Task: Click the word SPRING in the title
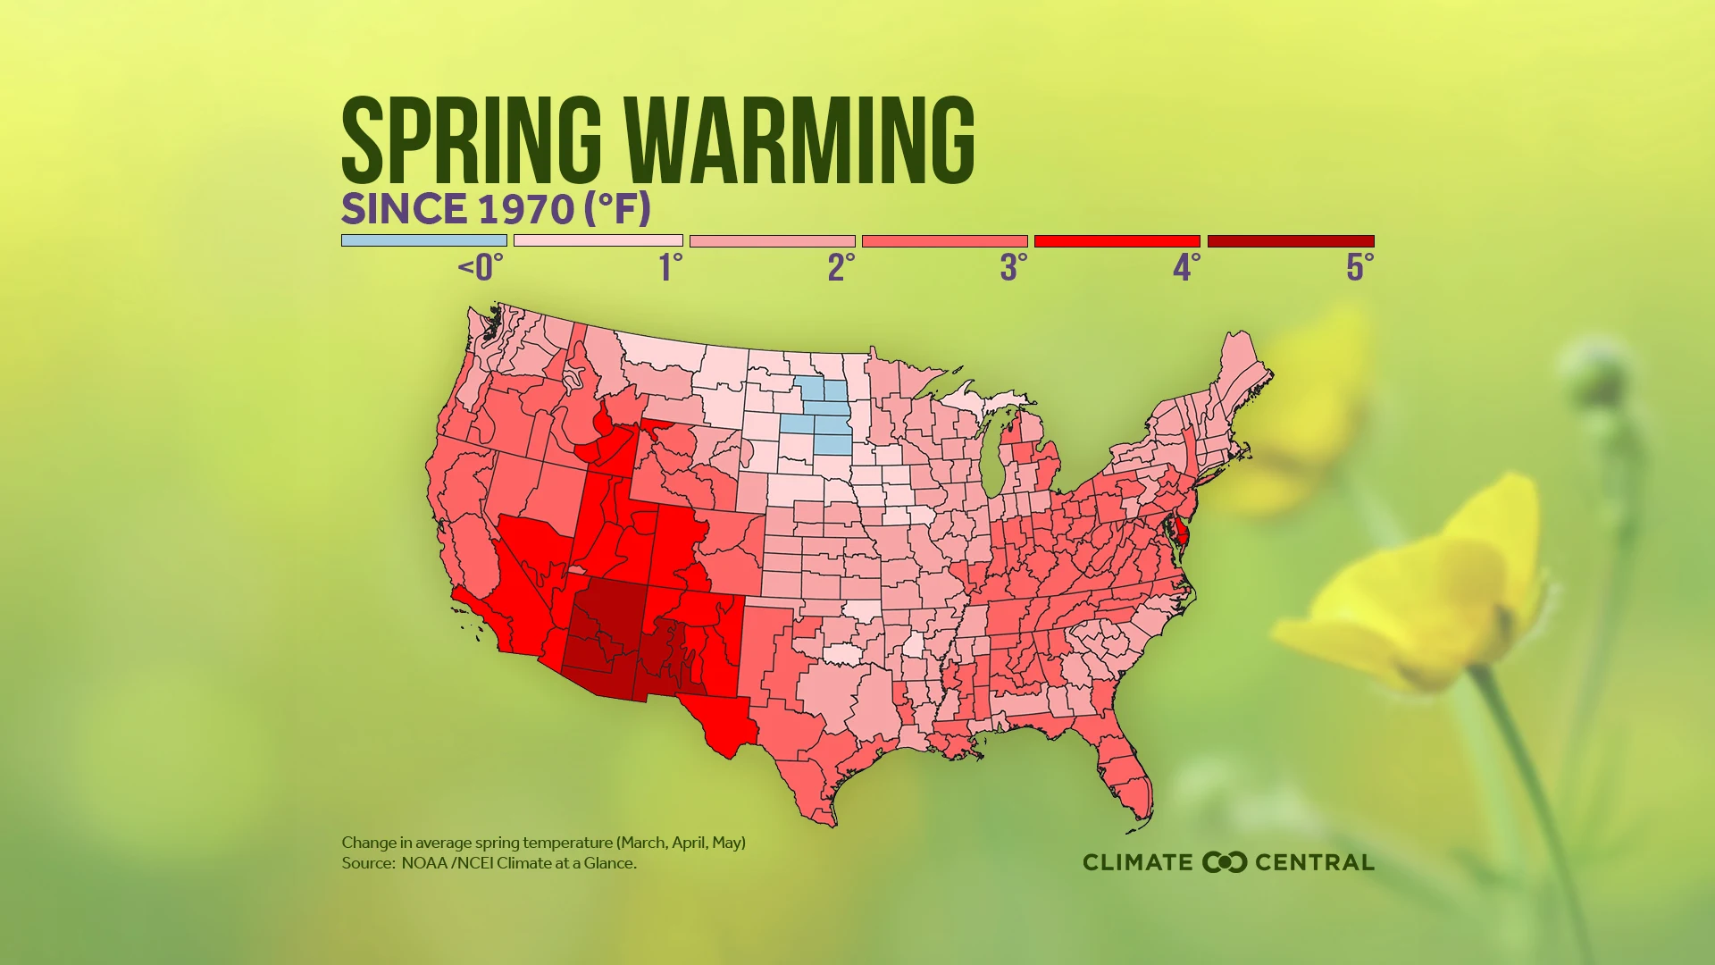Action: click(x=472, y=140)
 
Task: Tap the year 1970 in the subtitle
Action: click(x=526, y=209)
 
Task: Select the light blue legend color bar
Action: click(x=423, y=240)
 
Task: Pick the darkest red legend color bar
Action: click(x=1290, y=240)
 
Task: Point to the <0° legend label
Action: click(x=481, y=267)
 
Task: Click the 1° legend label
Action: click(x=670, y=267)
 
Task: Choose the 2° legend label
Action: click(x=841, y=267)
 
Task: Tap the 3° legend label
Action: click(x=1014, y=267)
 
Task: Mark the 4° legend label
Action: click(x=1186, y=267)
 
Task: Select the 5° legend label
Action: click(x=1359, y=267)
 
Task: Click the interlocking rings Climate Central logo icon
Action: click(x=1225, y=862)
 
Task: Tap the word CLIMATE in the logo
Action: click(x=1137, y=862)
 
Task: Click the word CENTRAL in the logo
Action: click(x=1314, y=862)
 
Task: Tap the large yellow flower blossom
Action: click(x=1420, y=590)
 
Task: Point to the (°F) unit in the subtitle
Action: click(x=617, y=209)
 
